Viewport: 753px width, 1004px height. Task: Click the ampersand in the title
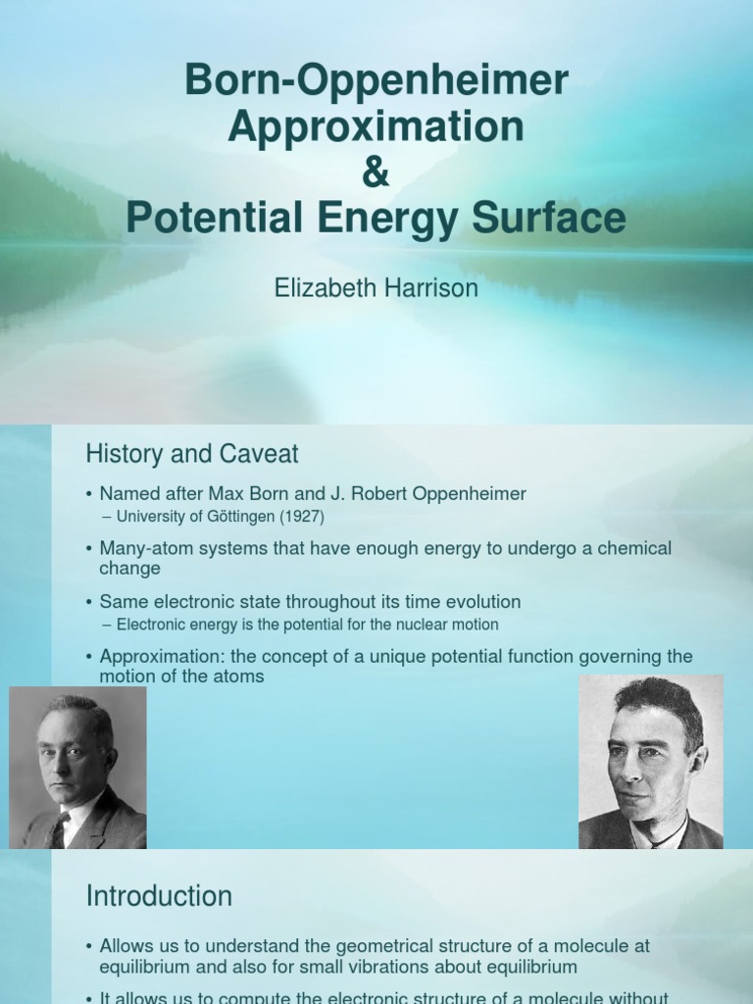point(376,173)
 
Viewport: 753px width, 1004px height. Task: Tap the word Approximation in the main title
point(376,126)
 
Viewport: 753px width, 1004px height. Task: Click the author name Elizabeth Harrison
point(376,288)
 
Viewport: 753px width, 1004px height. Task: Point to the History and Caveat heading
point(192,454)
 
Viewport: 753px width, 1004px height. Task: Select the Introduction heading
point(159,896)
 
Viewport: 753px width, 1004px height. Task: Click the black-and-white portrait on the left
point(77,767)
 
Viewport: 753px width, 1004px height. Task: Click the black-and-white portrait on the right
point(650,762)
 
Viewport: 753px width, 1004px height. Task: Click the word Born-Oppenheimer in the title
point(376,81)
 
